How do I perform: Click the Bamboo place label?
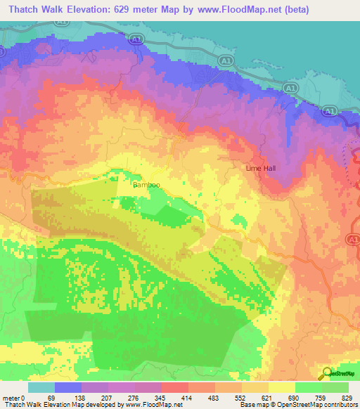click(x=146, y=185)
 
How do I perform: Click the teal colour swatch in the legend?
click(x=41, y=387)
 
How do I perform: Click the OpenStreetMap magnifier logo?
click(x=326, y=372)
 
